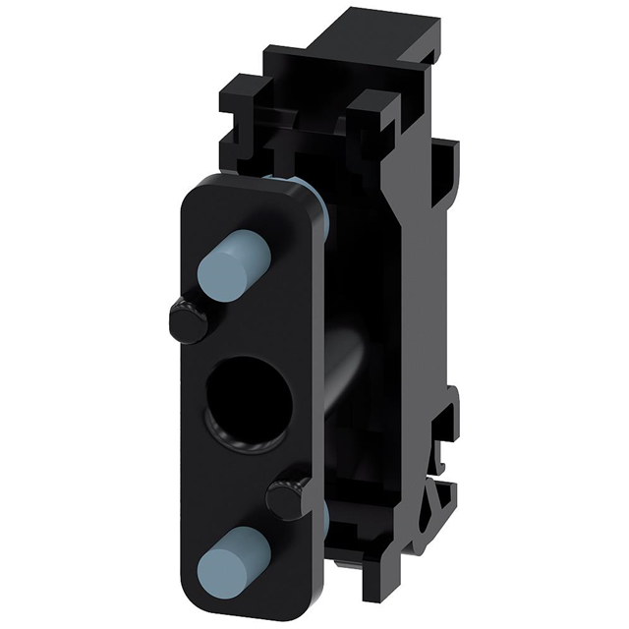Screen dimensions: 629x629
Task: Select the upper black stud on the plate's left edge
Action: [x=187, y=322]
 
